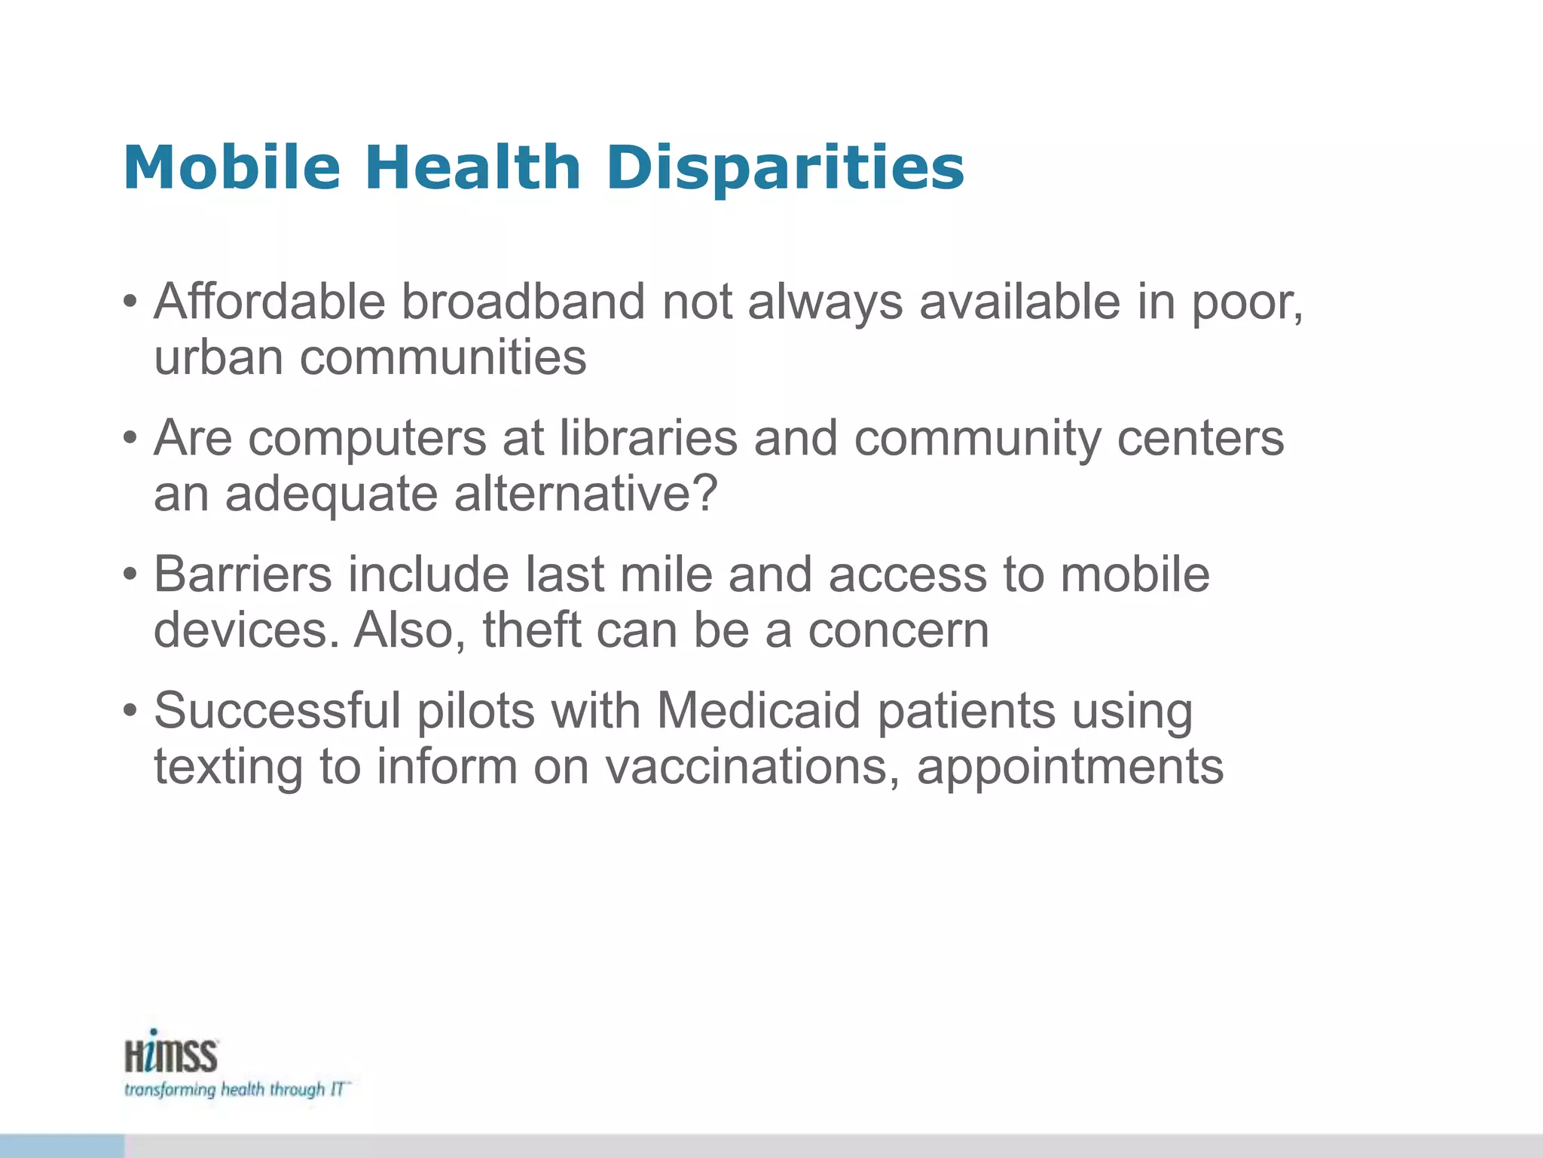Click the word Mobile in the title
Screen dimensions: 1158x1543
click(x=232, y=167)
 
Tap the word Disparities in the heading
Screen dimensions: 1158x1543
click(x=784, y=168)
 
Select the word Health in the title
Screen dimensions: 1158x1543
click(x=472, y=167)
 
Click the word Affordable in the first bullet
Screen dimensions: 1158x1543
click(x=270, y=302)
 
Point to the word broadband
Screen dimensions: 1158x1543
click(x=522, y=302)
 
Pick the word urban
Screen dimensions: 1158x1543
click(x=218, y=357)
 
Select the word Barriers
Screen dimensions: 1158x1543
click(x=243, y=574)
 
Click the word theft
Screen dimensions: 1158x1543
click(x=531, y=630)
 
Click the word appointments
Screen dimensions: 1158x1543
click(x=1070, y=768)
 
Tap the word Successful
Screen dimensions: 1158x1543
click(x=277, y=711)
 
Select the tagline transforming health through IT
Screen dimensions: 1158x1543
click(x=236, y=1090)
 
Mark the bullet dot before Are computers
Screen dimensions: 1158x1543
click(x=130, y=438)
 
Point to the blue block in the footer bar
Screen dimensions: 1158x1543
click(x=62, y=1145)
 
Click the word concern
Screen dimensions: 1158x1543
click(x=898, y=630)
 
